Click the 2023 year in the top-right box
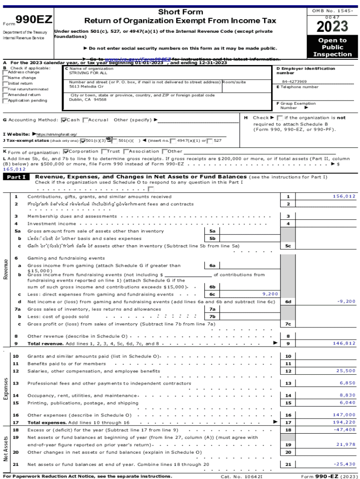[332, 26]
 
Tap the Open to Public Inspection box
[332, 47]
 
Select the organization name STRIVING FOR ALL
[88, 73]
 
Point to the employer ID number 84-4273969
[294, 82]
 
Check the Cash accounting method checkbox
[64, 120]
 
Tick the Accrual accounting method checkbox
[85, 120]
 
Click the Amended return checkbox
[5, 95]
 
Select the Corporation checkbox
[66, 152]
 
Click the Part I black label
[16, 177]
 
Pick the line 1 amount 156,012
[344, 196]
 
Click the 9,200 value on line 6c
[270, 294]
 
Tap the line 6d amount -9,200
[346, 302]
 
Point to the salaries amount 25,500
[346, 371]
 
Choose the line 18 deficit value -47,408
[344, 429]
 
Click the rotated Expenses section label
[6, 389]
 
